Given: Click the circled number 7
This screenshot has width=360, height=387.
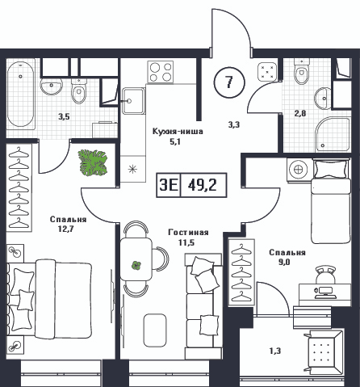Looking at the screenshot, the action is tap(229, 82).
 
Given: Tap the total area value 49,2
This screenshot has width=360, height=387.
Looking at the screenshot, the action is tap(203, 185).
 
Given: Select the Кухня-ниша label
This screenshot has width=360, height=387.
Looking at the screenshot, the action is tap(178, 132).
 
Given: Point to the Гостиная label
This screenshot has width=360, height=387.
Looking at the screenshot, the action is tap(188, 233).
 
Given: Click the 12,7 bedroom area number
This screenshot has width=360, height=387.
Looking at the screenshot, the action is tap(65, 229).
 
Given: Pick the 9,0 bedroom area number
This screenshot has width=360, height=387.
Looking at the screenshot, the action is tap(284, 262).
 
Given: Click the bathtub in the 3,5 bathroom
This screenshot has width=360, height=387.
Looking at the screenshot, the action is tap(21, 94).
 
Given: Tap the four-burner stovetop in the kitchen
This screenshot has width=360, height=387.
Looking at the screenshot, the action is tap(161, 72).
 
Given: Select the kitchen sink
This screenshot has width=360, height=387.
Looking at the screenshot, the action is tap(133, 101).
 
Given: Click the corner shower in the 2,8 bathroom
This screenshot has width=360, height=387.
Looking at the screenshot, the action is tap(333, 134).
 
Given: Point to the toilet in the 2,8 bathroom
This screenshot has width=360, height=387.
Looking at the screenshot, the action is tap(302, 69).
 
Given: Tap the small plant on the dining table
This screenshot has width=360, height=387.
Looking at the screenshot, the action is tap(136, 266).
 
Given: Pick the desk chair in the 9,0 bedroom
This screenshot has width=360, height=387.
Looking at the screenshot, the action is tap(325, 275).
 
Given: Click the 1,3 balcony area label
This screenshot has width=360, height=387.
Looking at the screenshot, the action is tap(275, 351).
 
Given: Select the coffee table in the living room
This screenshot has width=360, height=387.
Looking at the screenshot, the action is tap(155, 330).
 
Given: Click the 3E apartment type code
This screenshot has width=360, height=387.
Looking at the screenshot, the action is tap(169, 185).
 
